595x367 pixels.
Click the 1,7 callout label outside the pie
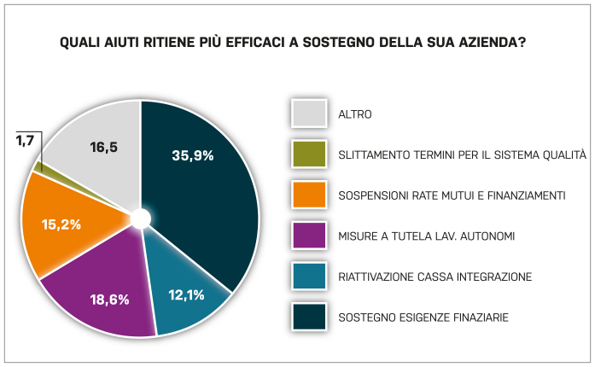pyautogui.click(x=25, y=141)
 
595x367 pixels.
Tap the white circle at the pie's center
pyautogui.click(x=141, y=219)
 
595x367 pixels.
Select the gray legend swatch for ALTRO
pyautogui.click(x=309, y=114)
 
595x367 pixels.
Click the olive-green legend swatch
pyautogui.click(x=309, y=154)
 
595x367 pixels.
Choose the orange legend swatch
pyautogui.click(x=309, y=195)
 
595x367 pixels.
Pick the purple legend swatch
pyautogui.click(x=309, y=236)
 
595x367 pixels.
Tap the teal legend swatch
pyautogui.click(x=309, y=276)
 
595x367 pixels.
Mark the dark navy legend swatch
pyautogui.click(x=309, y=317)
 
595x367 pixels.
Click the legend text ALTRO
pyautogui.click(x=355, y=114)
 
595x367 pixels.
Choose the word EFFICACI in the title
pyautogui.click(x=255, y=42)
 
